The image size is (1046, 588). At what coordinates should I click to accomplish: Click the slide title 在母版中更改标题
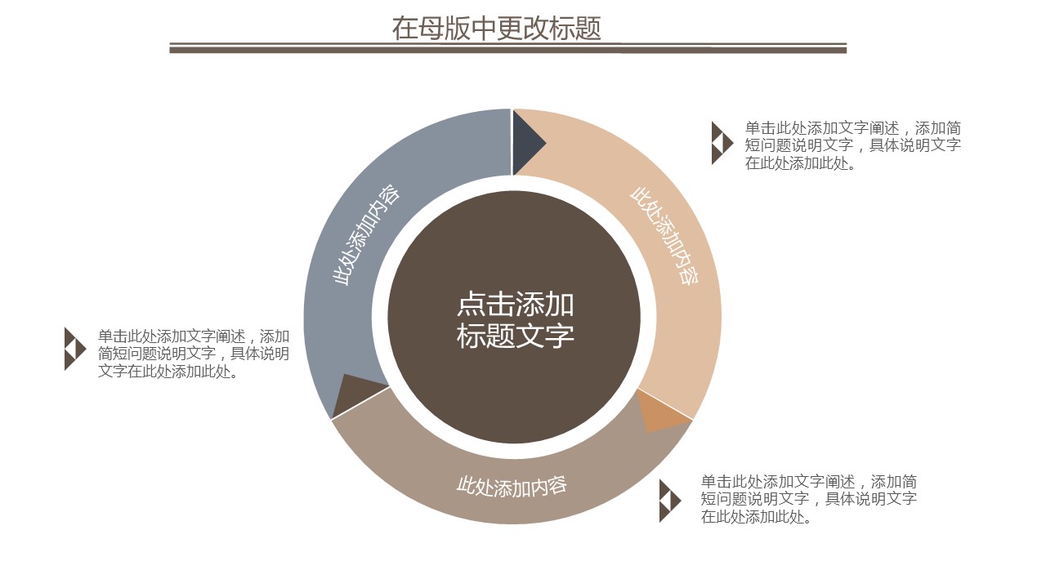[496, 28]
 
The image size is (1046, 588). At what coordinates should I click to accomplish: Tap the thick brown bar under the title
[507, 50]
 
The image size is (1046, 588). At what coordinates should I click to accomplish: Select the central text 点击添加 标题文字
[515, 320]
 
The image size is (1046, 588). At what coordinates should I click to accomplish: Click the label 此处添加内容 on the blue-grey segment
[365, 235]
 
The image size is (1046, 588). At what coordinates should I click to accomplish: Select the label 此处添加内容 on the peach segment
[664, 235]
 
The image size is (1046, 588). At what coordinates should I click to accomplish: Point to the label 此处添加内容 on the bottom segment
[512, 486]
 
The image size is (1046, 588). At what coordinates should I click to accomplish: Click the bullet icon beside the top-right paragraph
[722, 143]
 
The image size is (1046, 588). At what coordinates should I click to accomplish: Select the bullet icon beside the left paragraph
[74, 349]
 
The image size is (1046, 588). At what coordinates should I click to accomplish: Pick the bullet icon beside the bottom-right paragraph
[669, 501]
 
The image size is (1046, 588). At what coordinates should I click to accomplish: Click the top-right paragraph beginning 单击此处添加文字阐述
[852, 145]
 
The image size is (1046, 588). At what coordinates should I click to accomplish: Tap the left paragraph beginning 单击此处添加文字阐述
[193, 354]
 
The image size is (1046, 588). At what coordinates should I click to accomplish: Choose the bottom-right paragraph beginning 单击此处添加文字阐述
[808, 499]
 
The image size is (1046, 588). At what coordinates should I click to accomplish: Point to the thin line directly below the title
[507, 43]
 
